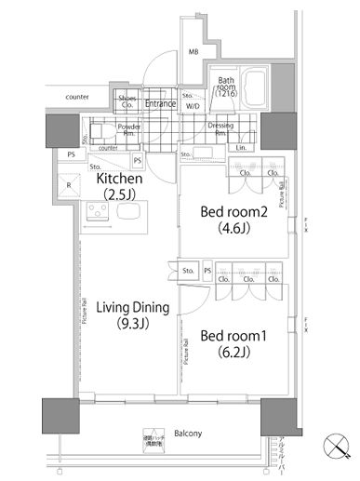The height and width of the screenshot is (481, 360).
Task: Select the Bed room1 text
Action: point(234,333)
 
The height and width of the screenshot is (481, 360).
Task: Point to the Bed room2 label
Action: point(235,211)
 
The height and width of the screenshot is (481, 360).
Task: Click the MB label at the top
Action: point(193,53)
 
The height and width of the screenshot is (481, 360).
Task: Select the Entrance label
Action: point(160,104)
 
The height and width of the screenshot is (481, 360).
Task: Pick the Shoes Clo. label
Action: point(126,103)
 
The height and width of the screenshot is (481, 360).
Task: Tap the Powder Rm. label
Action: point(128,129)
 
